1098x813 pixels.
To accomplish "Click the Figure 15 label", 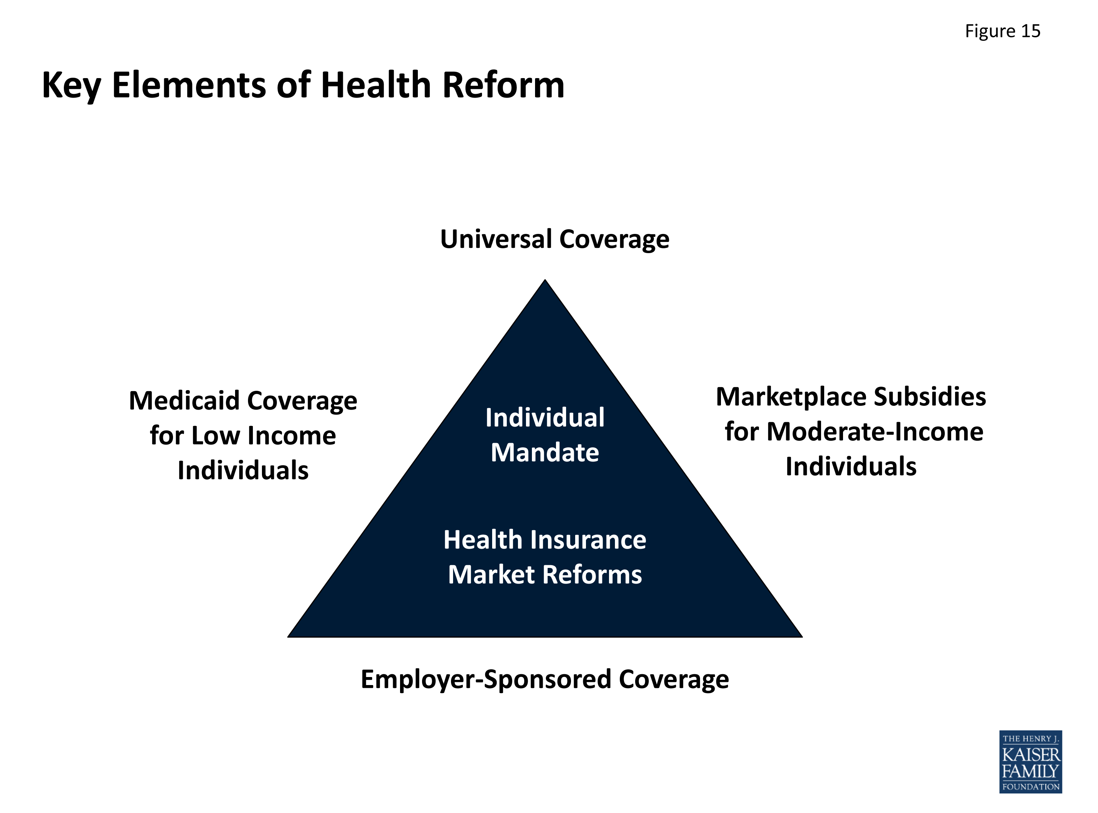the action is pyautogui.click(x=1002, y=31).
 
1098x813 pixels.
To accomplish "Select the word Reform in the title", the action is pyautogui.click(x=503, y=85).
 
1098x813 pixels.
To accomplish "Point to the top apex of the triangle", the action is pyautogui.click(x=545, y=280).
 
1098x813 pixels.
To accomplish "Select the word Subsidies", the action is pyautogui.click(x=930, y=397).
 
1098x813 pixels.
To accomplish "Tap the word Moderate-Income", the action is pyautogui.click(x=875, y=432).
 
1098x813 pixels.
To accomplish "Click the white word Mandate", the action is pyautogui.click(x=545, y=452).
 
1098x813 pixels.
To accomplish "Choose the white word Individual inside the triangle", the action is pyautogui.click(x=545, y=417).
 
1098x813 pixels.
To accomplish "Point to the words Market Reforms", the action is pyautogui.click(x=545, y=574).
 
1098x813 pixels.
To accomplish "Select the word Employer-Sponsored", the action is pyautogui.click(x=487, y=679).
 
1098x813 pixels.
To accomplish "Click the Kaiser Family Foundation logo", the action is pyautogui.click(x=1031, y=761).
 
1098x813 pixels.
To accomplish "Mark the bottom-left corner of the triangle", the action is pyautogui.click(x=288, y=637).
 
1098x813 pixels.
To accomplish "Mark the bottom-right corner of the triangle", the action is pyautogui.click(x=802, y=637).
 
